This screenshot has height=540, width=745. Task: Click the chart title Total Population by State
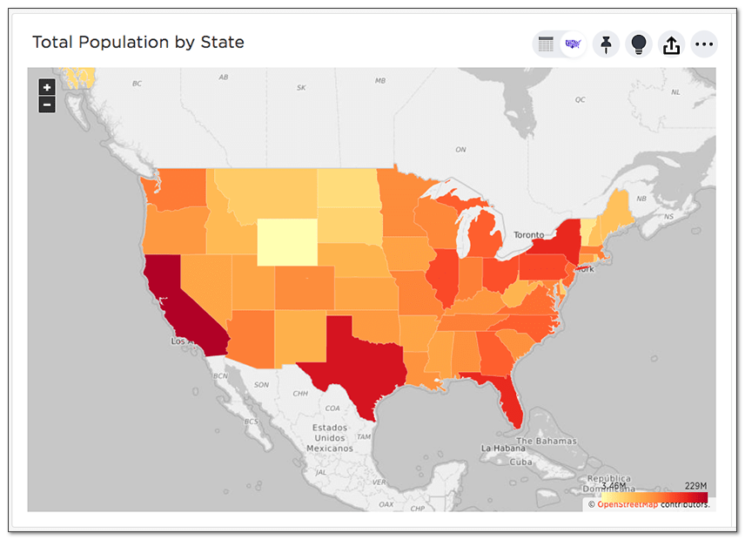[138, 42]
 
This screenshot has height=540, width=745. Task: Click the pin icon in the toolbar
[605, 44]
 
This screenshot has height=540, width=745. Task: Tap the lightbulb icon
[638, 44]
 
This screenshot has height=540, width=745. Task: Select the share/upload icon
[671, 44]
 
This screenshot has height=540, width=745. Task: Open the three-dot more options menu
[704, 44]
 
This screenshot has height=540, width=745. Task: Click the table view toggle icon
[547, 44]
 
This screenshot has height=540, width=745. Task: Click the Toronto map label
[529, 235]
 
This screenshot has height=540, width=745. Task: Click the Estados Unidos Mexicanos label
[330, 438]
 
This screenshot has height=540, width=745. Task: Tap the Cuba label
[521, 462]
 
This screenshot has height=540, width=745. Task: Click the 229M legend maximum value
[696, 486]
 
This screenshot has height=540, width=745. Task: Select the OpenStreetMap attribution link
[627, 504]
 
